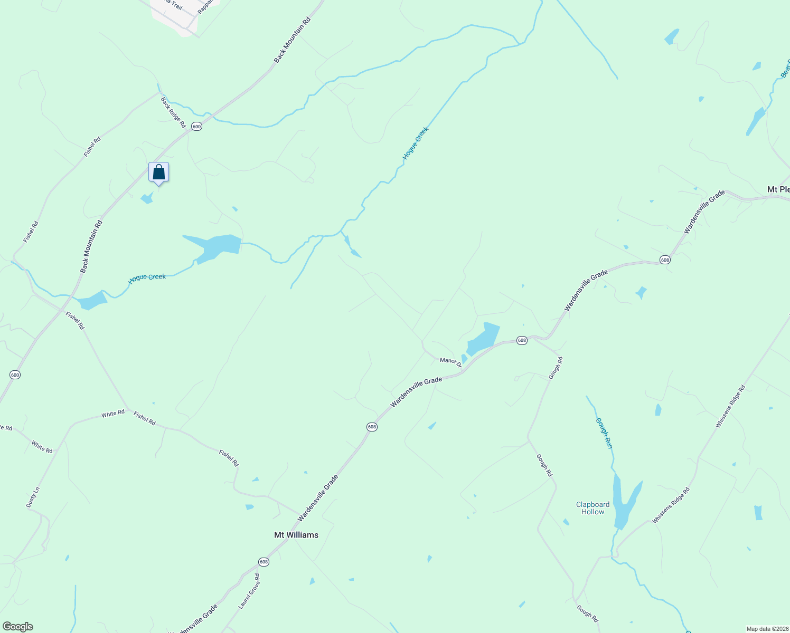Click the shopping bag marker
(158, 172)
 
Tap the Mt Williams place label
(296, 535)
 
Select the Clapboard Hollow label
(592, 508)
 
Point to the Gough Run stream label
(605, 433)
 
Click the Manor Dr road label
(450, 361)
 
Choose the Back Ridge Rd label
(174, 112)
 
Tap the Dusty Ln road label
(33, 497)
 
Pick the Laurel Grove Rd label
(249, 591)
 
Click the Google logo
(18, 627)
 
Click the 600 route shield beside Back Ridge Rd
(196, 127)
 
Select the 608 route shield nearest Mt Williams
(264, 562)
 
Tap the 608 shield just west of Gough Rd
(522, 341)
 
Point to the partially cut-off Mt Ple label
(778, 189)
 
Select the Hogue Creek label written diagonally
(415, 143)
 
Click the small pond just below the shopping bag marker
(147, 199)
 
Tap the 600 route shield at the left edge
(15, 375)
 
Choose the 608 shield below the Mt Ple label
(665, 260)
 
